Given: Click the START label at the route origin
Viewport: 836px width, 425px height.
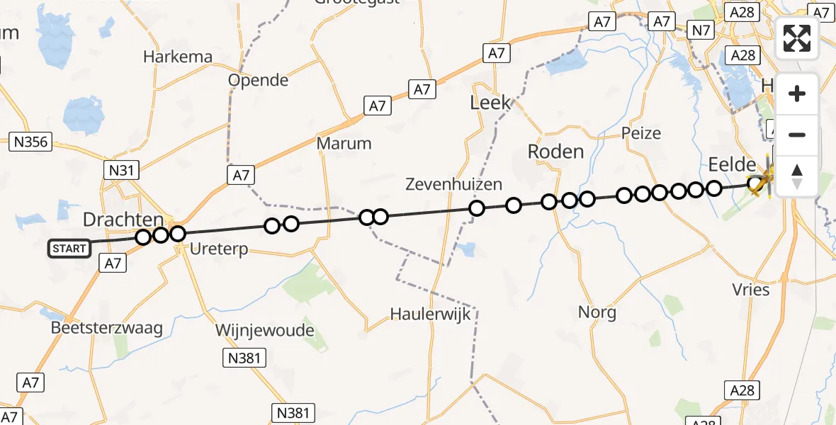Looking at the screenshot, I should click(x=69, y=249).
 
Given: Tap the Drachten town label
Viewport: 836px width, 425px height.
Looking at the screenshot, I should click(x=123, y=220).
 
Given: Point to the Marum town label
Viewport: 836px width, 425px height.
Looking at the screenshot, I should click(x=344, y=143).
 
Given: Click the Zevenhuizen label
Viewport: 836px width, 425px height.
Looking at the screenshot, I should click(x=453, y=185).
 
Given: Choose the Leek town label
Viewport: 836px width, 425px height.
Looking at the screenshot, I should click(x=490, y=103).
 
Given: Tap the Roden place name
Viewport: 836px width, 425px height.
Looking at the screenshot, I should click(x=555, y=151).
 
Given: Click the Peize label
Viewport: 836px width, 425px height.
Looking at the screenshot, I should click(x=640, y=132).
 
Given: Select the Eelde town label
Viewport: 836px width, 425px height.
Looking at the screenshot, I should click(x=732, y=165).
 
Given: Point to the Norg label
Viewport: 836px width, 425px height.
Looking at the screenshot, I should click(x=597, y=312).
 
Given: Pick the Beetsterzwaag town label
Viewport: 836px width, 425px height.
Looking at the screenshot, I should click(x=107, y=328).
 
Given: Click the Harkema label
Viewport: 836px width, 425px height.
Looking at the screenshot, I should click(x=168, y=57).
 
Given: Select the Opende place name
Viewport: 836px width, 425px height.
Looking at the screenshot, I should click(x=258, y=80).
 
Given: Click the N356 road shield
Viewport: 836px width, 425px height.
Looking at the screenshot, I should click(x=31, y=142).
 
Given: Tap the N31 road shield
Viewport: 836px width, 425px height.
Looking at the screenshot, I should click(x=121, y=170).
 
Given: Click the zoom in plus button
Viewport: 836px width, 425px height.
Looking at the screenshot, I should click(x=797, y=93).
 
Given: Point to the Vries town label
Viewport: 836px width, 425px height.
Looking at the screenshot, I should click(x=752, y=289).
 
